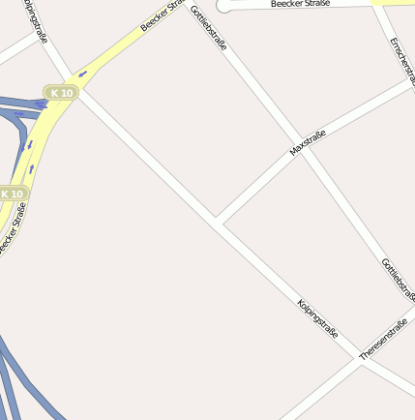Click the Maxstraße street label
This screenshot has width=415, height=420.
(x=307, y=142)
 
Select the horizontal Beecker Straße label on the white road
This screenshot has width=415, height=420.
(x=300, y=4)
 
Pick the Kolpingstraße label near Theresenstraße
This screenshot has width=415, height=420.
(x=317, y=319)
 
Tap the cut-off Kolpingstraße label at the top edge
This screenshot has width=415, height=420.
(x=35, y=21)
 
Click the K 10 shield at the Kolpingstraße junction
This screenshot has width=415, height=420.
(x=61, y=92)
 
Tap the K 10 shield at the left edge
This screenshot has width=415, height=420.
(x=13, y=194)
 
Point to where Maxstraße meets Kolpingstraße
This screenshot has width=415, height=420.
(x=220, y=225)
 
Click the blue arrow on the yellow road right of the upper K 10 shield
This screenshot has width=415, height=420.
(x=82, y=74)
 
